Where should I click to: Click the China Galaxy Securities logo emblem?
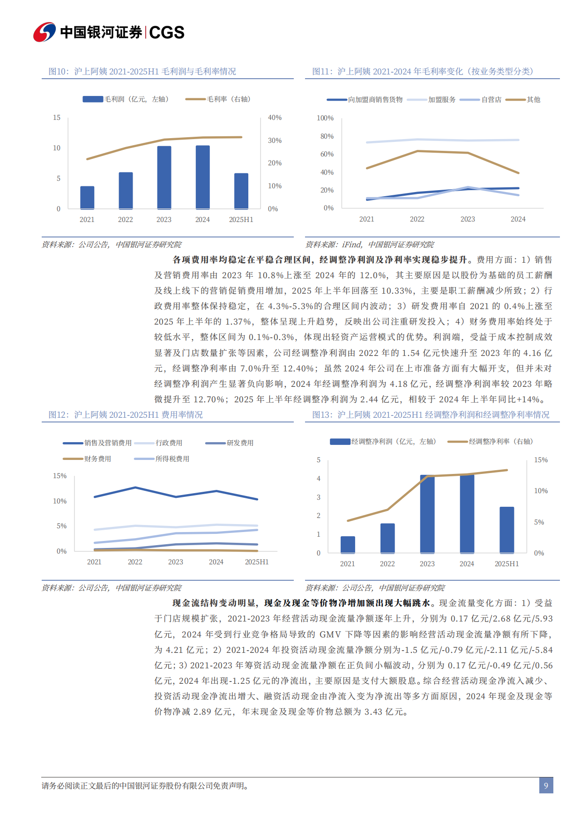[45, 32]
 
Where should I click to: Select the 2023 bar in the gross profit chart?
[164, 178]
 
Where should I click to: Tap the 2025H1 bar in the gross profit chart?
[241, 191]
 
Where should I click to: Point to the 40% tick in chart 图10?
[275, 118]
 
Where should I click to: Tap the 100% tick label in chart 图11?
[325, 118]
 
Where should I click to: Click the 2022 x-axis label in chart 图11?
[417, 219]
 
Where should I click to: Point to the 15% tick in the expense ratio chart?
[60, 476]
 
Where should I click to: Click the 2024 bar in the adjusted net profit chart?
[467, 514]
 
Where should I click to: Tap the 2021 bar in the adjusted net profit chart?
[348, 545]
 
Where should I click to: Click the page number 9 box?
[546, 785]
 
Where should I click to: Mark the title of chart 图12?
[126, 415]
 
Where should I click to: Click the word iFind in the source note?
[351, 244]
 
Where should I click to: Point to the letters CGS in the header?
[167, 32]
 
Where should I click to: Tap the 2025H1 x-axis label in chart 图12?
[257, 562]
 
